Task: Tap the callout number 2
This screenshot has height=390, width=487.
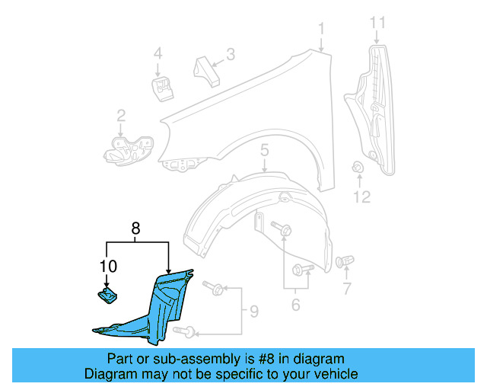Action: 121,116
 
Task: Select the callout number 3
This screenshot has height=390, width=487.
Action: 230,54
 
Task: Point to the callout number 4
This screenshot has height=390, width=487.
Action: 158,54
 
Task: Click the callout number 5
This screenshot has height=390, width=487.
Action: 264,151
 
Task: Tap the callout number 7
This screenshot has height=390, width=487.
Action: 346,289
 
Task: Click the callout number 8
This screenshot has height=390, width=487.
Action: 135,227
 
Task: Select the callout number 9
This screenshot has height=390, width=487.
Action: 253,311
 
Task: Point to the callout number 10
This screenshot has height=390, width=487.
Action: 107,266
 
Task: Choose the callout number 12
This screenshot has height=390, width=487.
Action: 361,197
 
